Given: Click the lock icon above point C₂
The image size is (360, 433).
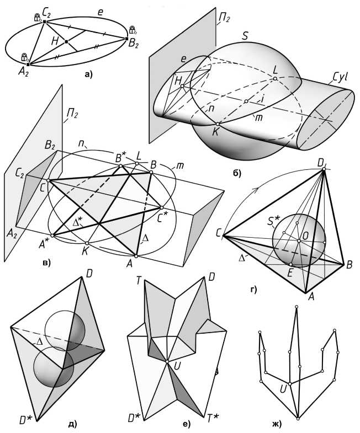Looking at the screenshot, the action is click(x=38, y=18).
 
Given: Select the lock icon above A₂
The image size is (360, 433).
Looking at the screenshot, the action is click(x=24, y=57).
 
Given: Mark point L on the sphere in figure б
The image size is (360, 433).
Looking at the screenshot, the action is click(x=274, y=79).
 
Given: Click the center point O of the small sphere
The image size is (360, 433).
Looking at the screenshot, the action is click(x=299, y=240).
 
